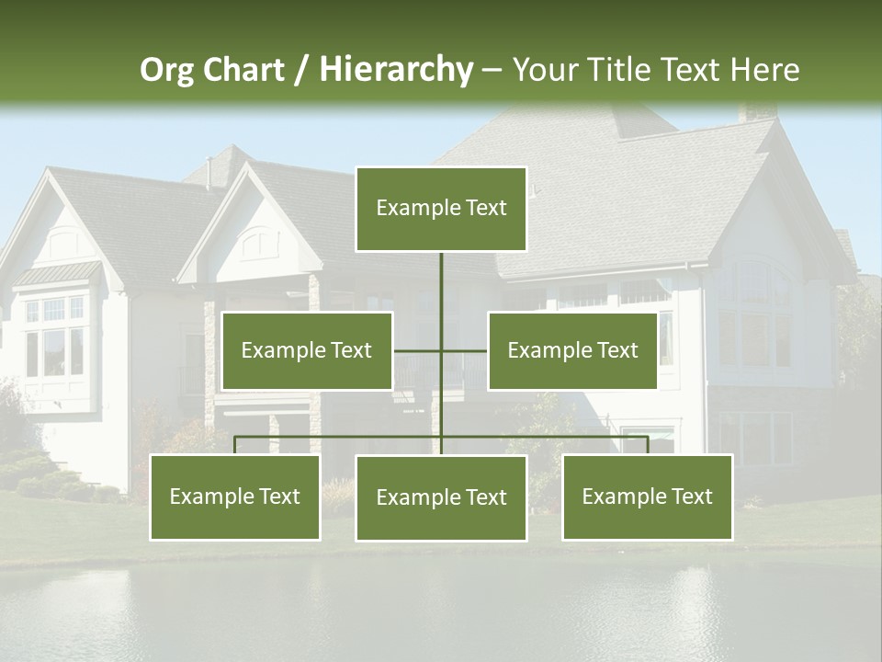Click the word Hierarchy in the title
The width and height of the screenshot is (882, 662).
[x=396, y=69]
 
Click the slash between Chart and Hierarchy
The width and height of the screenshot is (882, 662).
[x=300, y=70]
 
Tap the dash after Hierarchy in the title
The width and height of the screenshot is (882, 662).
[x=492, y=70]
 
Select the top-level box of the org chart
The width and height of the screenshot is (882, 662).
[x=441, y=209]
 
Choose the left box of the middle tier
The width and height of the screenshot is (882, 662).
[x=307, y=350]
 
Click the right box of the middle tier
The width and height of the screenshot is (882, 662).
[x=572, y=350]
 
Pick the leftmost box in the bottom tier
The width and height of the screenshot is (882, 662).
[x=235, y=496]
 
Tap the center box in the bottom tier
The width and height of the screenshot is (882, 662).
[x=441, y=497]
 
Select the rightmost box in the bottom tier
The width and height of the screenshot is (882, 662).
[x=648, y=496]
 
